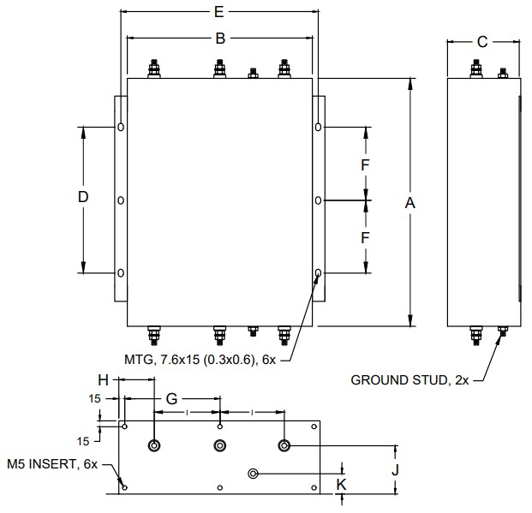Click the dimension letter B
220,39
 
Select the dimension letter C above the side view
482,41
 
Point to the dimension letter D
83,198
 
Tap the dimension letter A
410,203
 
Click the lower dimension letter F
365,237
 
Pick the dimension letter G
171,398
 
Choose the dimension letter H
103,379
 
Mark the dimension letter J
395,469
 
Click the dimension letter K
343,484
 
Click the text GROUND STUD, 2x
410,380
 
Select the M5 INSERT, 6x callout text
53,464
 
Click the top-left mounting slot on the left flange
121,128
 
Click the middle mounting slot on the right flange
318,200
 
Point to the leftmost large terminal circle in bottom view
155,445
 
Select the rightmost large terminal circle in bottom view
284,445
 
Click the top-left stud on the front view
155,68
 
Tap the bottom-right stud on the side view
502,332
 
